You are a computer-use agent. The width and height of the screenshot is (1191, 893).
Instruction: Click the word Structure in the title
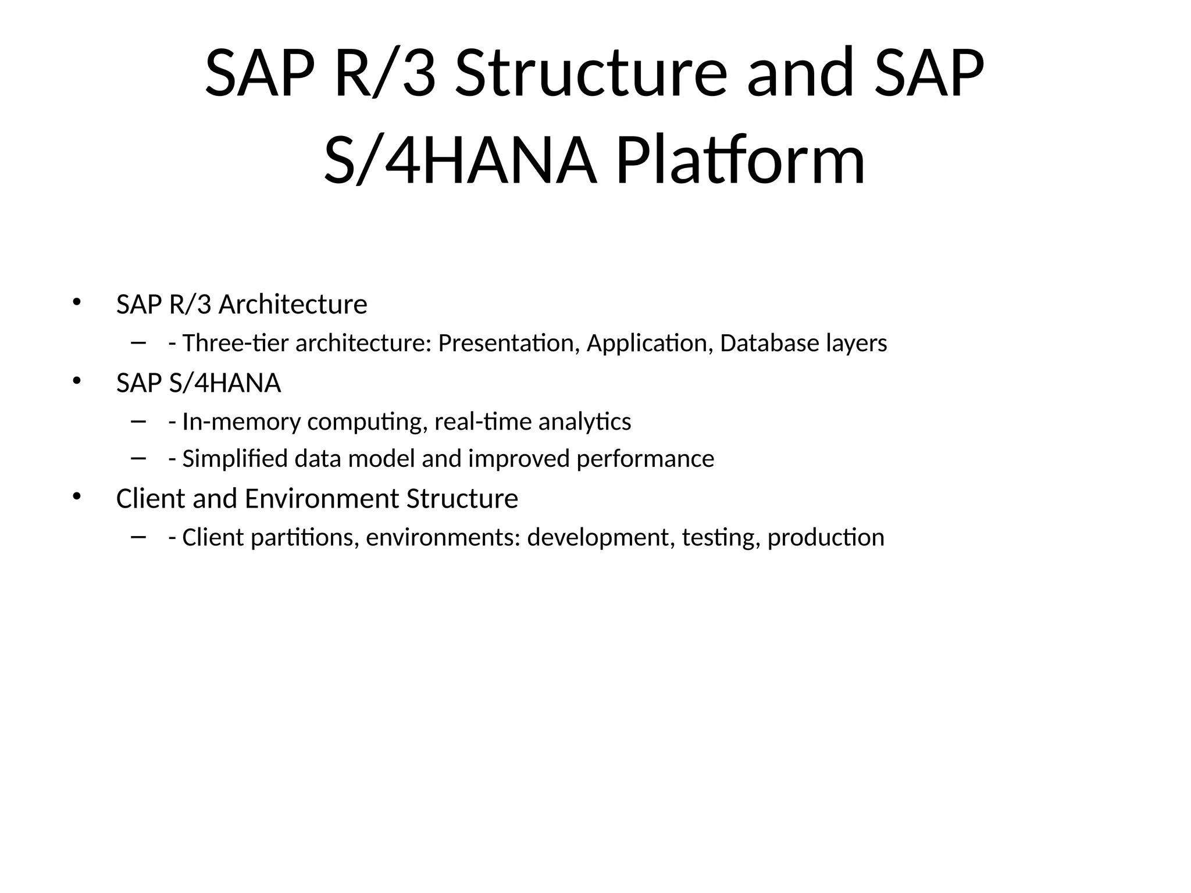[590, 74]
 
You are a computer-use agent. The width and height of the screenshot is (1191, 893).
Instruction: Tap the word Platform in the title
[740, 160]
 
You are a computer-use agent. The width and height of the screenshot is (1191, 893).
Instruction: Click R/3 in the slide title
[385, 74]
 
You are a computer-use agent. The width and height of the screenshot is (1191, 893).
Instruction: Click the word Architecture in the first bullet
[293, 305]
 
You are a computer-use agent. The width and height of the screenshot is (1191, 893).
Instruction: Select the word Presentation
[509, 343]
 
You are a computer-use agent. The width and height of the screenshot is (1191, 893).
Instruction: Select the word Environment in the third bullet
[322, 499]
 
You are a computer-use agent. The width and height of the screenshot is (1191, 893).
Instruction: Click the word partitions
[305, 538]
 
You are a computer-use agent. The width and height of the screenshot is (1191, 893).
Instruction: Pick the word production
[825, 538]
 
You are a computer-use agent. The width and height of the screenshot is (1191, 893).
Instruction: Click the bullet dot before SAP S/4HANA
[76, 381]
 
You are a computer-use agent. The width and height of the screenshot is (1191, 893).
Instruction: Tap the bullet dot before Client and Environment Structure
[76, 496]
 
